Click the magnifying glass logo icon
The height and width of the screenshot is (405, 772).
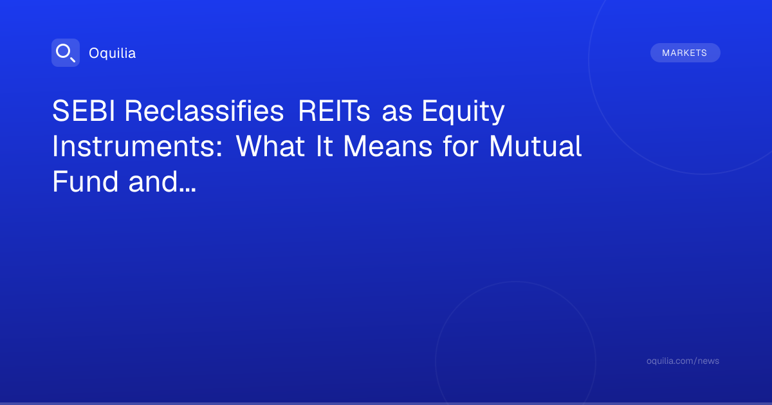pyautogui.click(x=66, y=53)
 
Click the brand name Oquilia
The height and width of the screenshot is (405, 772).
pyautogui.click(x=113, y=53)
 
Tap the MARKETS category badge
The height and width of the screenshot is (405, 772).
pyautogui.click(x=685, y=53)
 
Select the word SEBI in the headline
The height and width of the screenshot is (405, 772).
pyautogui.click(x=84, y=111)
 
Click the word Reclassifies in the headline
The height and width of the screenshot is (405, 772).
pyautogui.click(x=205, y=111)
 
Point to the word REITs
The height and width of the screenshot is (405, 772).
pyautogui.click(x=334, y=111)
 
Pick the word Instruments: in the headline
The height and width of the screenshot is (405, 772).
pyautogui.click(x=138, y=147)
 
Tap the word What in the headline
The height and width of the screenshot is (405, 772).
pyautogui.click(x=270, y=147)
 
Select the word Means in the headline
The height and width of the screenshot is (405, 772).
pyautogui.click(x=388, y=147)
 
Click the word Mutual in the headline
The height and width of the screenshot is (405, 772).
pyautogui.click(x=535, y=147)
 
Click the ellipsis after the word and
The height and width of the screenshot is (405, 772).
pyautogui.click(x=188, y=190)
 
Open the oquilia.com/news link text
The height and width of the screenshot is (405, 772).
pyautogui.click(x=683, y=361)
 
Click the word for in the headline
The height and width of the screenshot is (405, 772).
pyautogui.click(x=461, y=146)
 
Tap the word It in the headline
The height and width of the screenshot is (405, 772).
pyautogui.click(x=324, y=147)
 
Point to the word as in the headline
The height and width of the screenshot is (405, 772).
pyautogui.click(x=397, y=114)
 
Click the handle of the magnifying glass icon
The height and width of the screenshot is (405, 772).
pyautogui.click(x=72, y=59)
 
